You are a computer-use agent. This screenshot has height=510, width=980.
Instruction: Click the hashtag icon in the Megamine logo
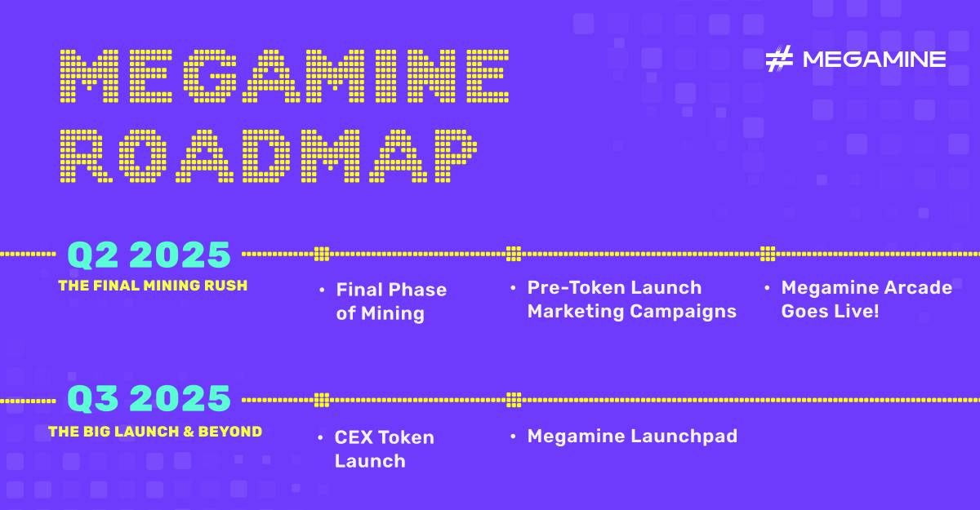779,59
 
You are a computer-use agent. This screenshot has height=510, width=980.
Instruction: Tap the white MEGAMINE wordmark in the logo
874,60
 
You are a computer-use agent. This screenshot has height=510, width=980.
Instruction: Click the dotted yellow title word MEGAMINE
284,76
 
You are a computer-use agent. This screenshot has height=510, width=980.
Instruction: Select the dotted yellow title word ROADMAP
268,156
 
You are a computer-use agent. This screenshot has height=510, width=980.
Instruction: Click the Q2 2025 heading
149,255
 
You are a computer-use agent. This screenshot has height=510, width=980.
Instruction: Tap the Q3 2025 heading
149,399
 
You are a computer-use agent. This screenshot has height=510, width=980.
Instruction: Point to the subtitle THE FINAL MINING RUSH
154,286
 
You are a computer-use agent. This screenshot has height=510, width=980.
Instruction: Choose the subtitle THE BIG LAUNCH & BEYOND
155,432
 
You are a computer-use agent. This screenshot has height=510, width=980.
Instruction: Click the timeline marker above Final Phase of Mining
322,254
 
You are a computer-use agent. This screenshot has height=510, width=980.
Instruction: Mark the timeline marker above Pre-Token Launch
514,254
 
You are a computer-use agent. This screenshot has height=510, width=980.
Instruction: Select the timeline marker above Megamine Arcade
768,254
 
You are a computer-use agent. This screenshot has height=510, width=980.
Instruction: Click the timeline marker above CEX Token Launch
322,400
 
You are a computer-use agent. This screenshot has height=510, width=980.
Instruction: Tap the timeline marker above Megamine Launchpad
514,400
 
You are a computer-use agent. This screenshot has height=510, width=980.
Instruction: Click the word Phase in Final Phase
417,290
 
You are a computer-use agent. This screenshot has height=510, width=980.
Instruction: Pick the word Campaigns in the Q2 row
684,313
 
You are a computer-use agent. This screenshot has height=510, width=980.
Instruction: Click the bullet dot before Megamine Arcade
767,288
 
